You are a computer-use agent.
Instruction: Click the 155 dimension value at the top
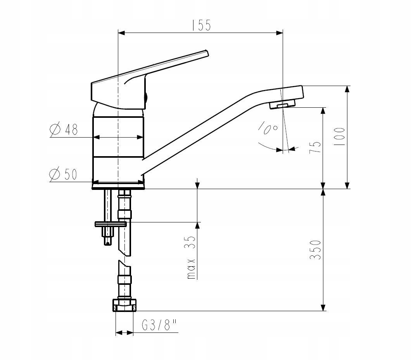pos(201,25)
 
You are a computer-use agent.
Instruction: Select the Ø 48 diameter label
pos(64,129)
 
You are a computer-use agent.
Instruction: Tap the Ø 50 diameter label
pos(63,174)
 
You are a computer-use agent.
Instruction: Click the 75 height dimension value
pos(315,147)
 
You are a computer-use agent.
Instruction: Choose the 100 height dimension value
pos(339,137)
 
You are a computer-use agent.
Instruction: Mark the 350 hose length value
pos(315,250)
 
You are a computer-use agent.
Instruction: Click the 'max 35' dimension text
pos(192,257)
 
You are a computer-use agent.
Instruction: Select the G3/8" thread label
pos(159,325)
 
